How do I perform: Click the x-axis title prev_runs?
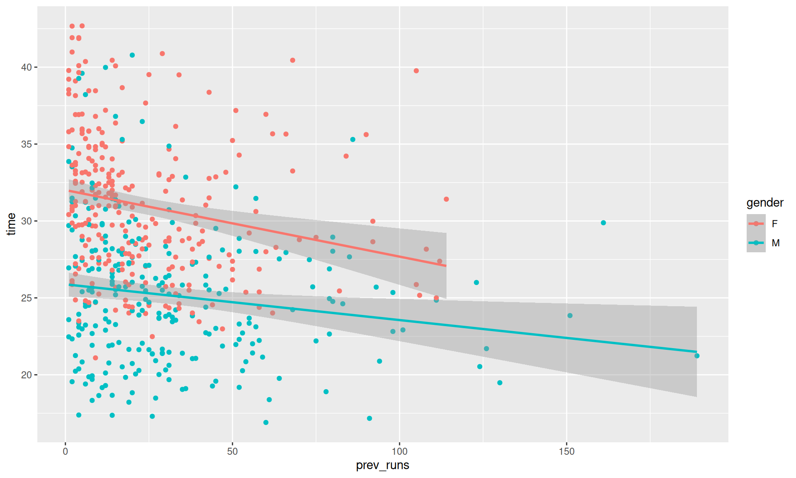coord(382,465)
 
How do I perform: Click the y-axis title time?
coord(12,224)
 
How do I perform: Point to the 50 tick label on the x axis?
coord(232,451)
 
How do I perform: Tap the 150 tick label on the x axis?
coord(566,451)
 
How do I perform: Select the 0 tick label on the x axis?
coord(65,451)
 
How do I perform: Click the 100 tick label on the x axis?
coord(399,451)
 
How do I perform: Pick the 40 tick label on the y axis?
coord(27,67)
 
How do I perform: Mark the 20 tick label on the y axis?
coord(27,375)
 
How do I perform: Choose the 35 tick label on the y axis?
coord(27,144)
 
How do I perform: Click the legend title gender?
coord(765,202)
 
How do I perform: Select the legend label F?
coord(774,224)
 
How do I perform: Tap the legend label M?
coord(776,243)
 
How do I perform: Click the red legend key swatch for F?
coord(756,224)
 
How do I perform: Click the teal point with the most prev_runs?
coord(697,356)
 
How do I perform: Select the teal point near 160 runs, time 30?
coord(603,223)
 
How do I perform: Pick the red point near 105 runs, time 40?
coord(416,71)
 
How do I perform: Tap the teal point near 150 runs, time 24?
coord(570,316)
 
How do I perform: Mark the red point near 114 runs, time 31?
coord(446,199)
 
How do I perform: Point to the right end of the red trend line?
coord(446,266)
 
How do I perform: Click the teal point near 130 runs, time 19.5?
coord(500,383)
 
